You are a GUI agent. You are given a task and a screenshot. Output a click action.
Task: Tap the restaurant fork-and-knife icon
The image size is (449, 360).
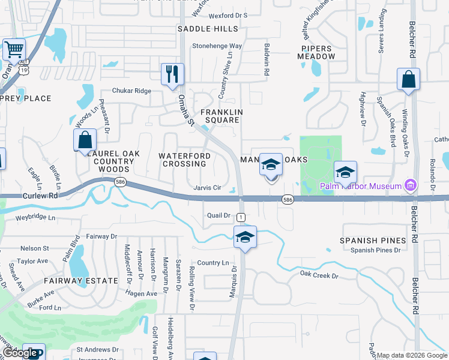172,74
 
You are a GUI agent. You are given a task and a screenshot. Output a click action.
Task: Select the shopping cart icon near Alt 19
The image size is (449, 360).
14,49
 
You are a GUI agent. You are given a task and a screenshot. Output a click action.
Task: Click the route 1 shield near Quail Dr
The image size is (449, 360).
241,216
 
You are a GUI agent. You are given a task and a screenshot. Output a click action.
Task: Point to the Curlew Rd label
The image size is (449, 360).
40,196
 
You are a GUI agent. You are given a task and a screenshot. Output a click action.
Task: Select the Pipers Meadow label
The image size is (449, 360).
316,52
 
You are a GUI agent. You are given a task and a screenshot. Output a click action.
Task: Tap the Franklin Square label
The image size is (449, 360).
221,116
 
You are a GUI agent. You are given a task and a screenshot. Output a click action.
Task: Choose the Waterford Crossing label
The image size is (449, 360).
185,160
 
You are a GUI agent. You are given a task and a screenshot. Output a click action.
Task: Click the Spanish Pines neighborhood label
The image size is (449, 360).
373,241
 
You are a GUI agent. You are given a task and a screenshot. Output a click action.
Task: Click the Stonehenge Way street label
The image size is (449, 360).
217,46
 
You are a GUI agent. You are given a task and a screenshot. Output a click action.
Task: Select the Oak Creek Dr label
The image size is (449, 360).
319,275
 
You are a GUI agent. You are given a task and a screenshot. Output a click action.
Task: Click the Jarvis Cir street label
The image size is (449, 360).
207,188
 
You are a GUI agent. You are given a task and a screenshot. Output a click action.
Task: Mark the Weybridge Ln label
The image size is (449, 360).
35,217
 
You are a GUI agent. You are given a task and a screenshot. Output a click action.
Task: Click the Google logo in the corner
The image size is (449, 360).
21,353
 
